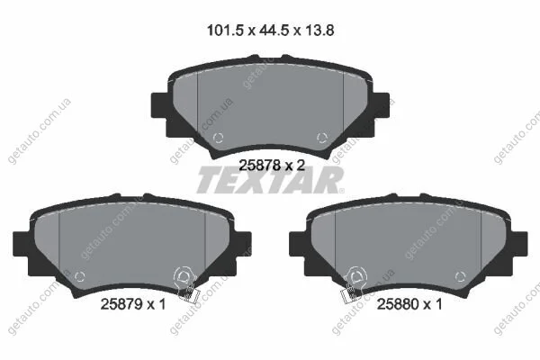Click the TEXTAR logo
[x=270, y=180]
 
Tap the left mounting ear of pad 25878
[x=159, y=106]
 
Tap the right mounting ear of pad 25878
[x=382, y=106]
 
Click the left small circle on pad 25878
[x=218, y=138]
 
